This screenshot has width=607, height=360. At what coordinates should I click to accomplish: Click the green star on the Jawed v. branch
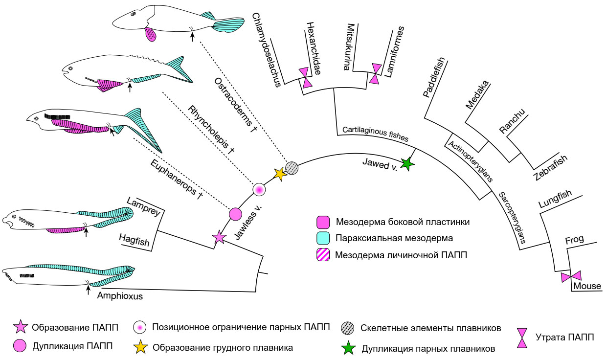click(405, 164)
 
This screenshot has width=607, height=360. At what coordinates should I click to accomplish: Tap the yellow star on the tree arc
click(280, 174)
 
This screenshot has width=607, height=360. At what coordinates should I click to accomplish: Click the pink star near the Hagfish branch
click(219, 238)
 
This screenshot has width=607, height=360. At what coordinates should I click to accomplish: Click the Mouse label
click(587, 286)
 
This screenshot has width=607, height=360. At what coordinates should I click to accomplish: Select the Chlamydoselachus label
click(269, 49)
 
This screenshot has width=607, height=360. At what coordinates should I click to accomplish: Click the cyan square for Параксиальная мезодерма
click(323, 238)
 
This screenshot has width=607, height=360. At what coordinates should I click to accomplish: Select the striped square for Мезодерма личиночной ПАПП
click(323, 254)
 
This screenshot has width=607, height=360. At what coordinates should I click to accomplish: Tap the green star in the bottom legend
click(349, 348)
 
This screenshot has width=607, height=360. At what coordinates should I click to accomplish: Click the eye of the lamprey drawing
click(14, 216)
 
